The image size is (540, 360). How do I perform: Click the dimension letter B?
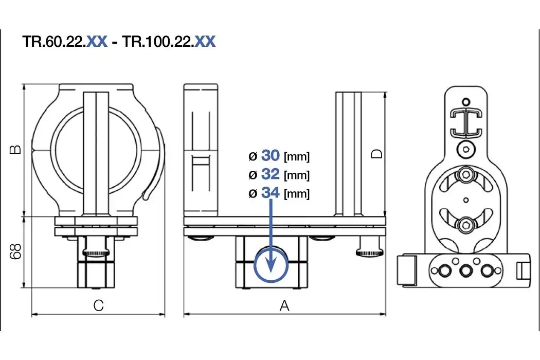click(x=16, y=150)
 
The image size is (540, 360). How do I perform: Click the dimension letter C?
click(x=98, y=305)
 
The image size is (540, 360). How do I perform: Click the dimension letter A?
click(x=284, y=305)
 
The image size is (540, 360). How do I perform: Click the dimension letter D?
click(x=377, y=153)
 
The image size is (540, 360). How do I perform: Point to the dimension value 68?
click(x=16, y=251)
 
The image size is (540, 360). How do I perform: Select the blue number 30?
click(x=270, y=155)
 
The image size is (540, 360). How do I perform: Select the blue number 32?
click(x=270, y=174)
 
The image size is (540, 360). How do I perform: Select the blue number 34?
click(x=270, y=193)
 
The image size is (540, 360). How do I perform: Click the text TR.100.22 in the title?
click(x=157, y=42)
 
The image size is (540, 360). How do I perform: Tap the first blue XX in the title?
click(x=97, y=42)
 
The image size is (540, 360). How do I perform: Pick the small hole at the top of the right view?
click(x=466, y=101)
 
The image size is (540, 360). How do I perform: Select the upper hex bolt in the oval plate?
click(x=466, y=174)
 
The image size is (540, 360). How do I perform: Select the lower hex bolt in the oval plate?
click(x=466, y=224)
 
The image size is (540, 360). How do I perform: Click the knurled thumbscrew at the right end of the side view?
click(x=368, y=252)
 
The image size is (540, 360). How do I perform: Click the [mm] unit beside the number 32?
click(x=297, y=175)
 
